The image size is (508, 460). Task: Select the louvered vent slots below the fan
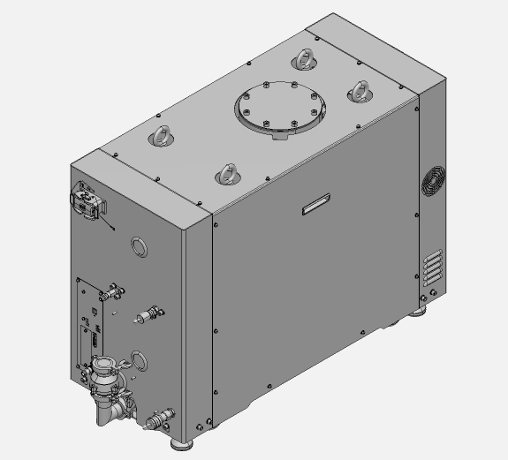coord(433,267)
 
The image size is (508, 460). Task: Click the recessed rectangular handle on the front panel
coord(316,205)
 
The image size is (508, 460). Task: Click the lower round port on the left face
coord(139,358)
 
